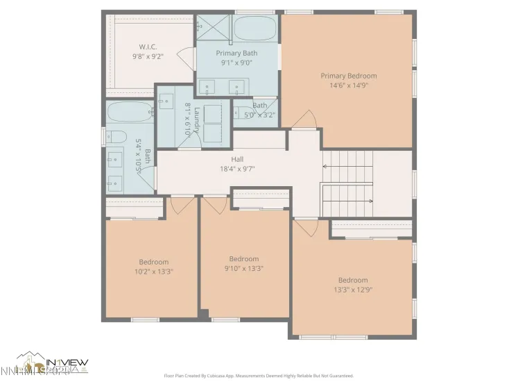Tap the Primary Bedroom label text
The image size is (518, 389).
pyautogui.click(x=348, y=76)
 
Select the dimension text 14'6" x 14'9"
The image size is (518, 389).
pyautogui.click(x=348, y=85)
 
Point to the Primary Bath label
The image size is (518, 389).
pyautogui.click(x=236, y=53)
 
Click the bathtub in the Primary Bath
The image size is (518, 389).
pyautogui.click(x=254, y=28)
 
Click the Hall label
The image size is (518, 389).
pyautogui.click(x=237, y=159)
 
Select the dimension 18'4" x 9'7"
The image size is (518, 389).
pyautogui.click(x=237, y=168)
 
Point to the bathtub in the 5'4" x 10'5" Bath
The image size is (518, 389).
pyautogui.click(x=129, y=112)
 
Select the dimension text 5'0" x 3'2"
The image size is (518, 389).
pyautogui.click(x=260, y=115)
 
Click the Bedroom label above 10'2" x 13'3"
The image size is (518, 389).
pyautogui.click(x=153, y=262)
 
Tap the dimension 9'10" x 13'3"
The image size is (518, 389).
pyautogui.click(x=244, y=268)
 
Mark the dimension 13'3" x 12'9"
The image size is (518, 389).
pyautogui.click(x=353, y=290)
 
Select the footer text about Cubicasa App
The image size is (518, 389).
pyautogui.click(x=258, y=375)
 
